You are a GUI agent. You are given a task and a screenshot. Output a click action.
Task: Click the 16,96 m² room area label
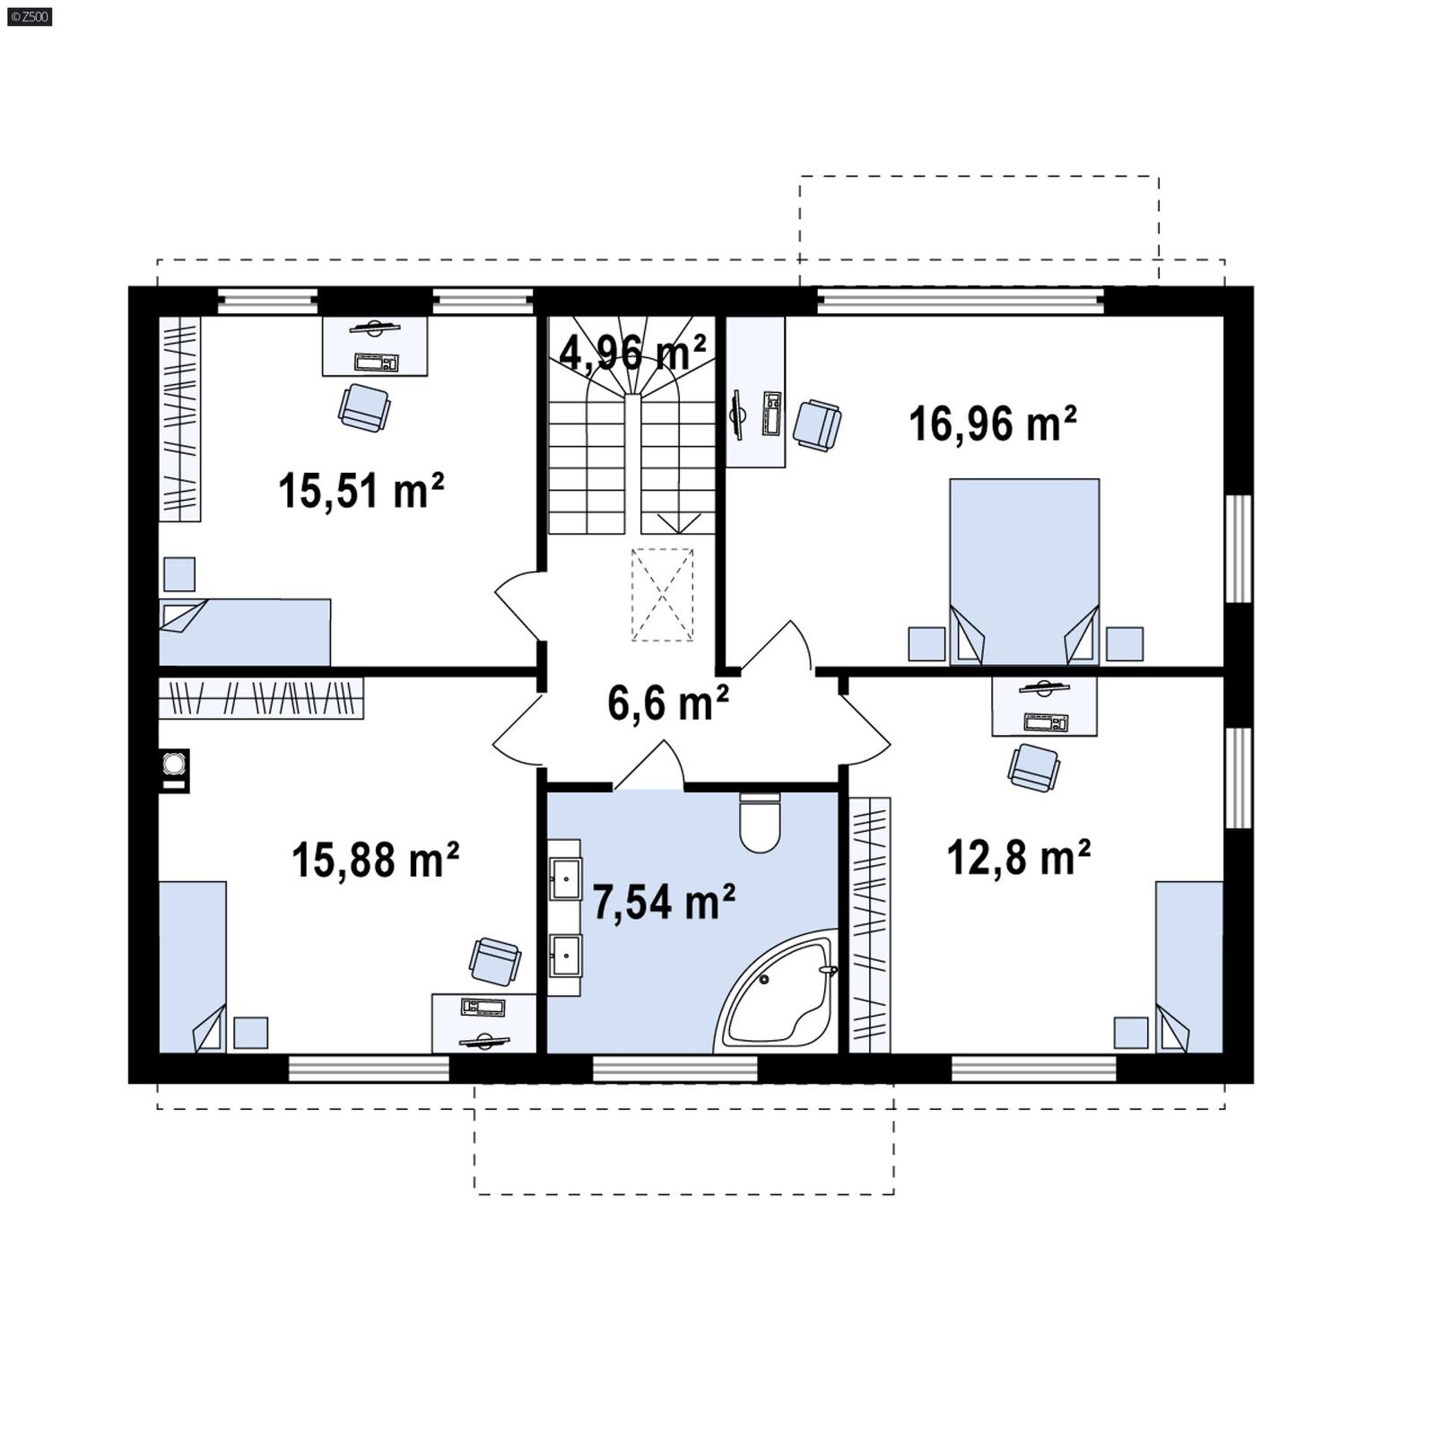(x=992, y=424)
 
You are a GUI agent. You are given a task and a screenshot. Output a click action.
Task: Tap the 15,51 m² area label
(x=361, y=491)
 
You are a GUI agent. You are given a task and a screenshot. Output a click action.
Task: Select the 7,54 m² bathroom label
(x=664, y=902)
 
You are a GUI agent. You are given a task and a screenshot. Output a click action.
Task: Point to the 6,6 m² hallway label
(x=667, y=702)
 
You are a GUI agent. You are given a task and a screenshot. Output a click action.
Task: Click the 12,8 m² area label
(x=1018, y=858)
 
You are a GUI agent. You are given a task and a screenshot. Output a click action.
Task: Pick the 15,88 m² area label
(x=375, y=860)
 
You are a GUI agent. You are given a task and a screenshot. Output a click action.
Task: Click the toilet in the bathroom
(x=760, y=823)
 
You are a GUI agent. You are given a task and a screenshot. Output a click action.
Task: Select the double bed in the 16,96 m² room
(x=1024, y=571)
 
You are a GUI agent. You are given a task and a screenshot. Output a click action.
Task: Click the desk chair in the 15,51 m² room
(x=364, y=407)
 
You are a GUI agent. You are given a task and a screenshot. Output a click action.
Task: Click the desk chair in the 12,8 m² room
(x=1033, y=768)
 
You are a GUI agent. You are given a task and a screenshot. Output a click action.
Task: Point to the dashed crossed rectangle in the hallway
(x=662, y=594)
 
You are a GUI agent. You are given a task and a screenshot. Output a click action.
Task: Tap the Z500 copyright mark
(x=28, y=16)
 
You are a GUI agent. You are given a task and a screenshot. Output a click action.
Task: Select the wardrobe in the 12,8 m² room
(x=869, y=924)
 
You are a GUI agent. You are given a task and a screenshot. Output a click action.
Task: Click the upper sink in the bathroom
(x=565, y=878)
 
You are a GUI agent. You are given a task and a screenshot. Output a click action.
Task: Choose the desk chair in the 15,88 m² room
(x=494, y=961)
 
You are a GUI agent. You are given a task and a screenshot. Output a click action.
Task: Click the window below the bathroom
(x=675, y=1068)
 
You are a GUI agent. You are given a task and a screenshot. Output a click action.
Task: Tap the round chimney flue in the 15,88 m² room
(x=174, y=764)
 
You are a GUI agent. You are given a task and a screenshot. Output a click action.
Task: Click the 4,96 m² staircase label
(x=632, y=351)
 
